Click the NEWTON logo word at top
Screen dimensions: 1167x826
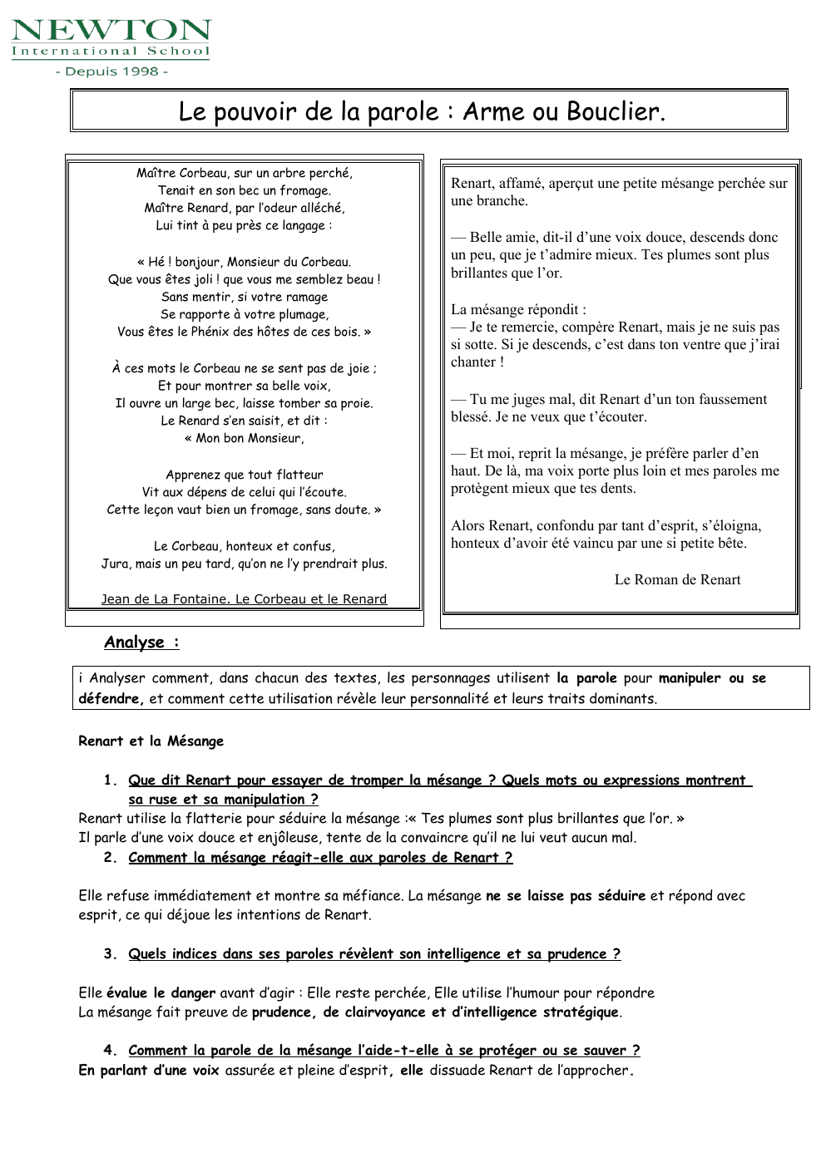tap(111, 31)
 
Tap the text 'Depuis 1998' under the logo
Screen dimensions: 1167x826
tap(112, 71)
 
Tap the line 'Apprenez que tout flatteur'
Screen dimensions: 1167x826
tap(244, 475)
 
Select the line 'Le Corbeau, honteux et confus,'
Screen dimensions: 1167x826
tap(244, 546)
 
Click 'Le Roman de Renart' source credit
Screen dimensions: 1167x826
tap(677, 580)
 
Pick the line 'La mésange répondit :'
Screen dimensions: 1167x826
tap(518, 310)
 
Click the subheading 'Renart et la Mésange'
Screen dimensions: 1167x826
tap(151, 741)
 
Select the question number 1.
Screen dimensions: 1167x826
tap(110, 780)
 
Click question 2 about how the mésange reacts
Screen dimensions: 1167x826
tap(320, 857)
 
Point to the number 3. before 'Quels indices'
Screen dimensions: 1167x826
tap(110, 953)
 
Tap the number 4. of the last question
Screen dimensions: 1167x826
tap(110, 1050)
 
